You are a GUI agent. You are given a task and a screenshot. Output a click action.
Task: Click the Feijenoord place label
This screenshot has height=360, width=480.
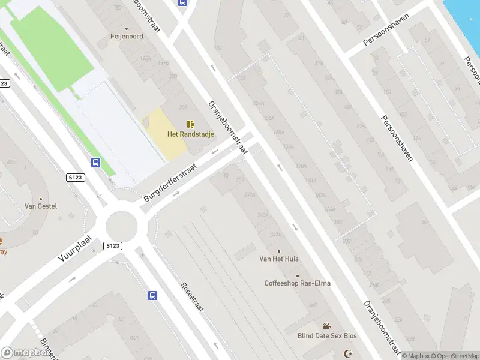point(126,35)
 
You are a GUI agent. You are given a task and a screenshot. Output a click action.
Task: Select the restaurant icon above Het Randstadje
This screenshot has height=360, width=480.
point(190,124)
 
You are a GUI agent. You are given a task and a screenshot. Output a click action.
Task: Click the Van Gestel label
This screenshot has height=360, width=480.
point(41,206)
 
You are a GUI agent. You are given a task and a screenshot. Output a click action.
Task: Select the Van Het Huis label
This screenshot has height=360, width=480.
point(278,259)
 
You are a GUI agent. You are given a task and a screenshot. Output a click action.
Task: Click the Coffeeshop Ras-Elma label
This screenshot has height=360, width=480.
point(297,283)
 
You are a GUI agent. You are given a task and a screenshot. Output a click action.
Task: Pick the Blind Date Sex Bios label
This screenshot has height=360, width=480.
point(327,336)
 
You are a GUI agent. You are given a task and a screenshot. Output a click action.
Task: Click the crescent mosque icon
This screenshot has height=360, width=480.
point(346,353)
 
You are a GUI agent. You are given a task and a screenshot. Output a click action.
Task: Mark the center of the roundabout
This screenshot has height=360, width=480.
point(122,227)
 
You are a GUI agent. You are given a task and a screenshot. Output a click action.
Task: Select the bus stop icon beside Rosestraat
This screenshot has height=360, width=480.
point(153,295)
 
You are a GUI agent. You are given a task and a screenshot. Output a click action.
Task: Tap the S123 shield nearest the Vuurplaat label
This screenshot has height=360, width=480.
point(112,246)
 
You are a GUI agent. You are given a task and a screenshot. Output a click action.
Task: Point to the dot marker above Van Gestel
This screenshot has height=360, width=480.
point(41,199)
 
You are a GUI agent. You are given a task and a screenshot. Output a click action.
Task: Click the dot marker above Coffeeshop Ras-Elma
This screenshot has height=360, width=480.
point(297,276)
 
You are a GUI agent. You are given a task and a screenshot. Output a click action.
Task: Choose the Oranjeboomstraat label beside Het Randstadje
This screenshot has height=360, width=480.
point(227,128)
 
